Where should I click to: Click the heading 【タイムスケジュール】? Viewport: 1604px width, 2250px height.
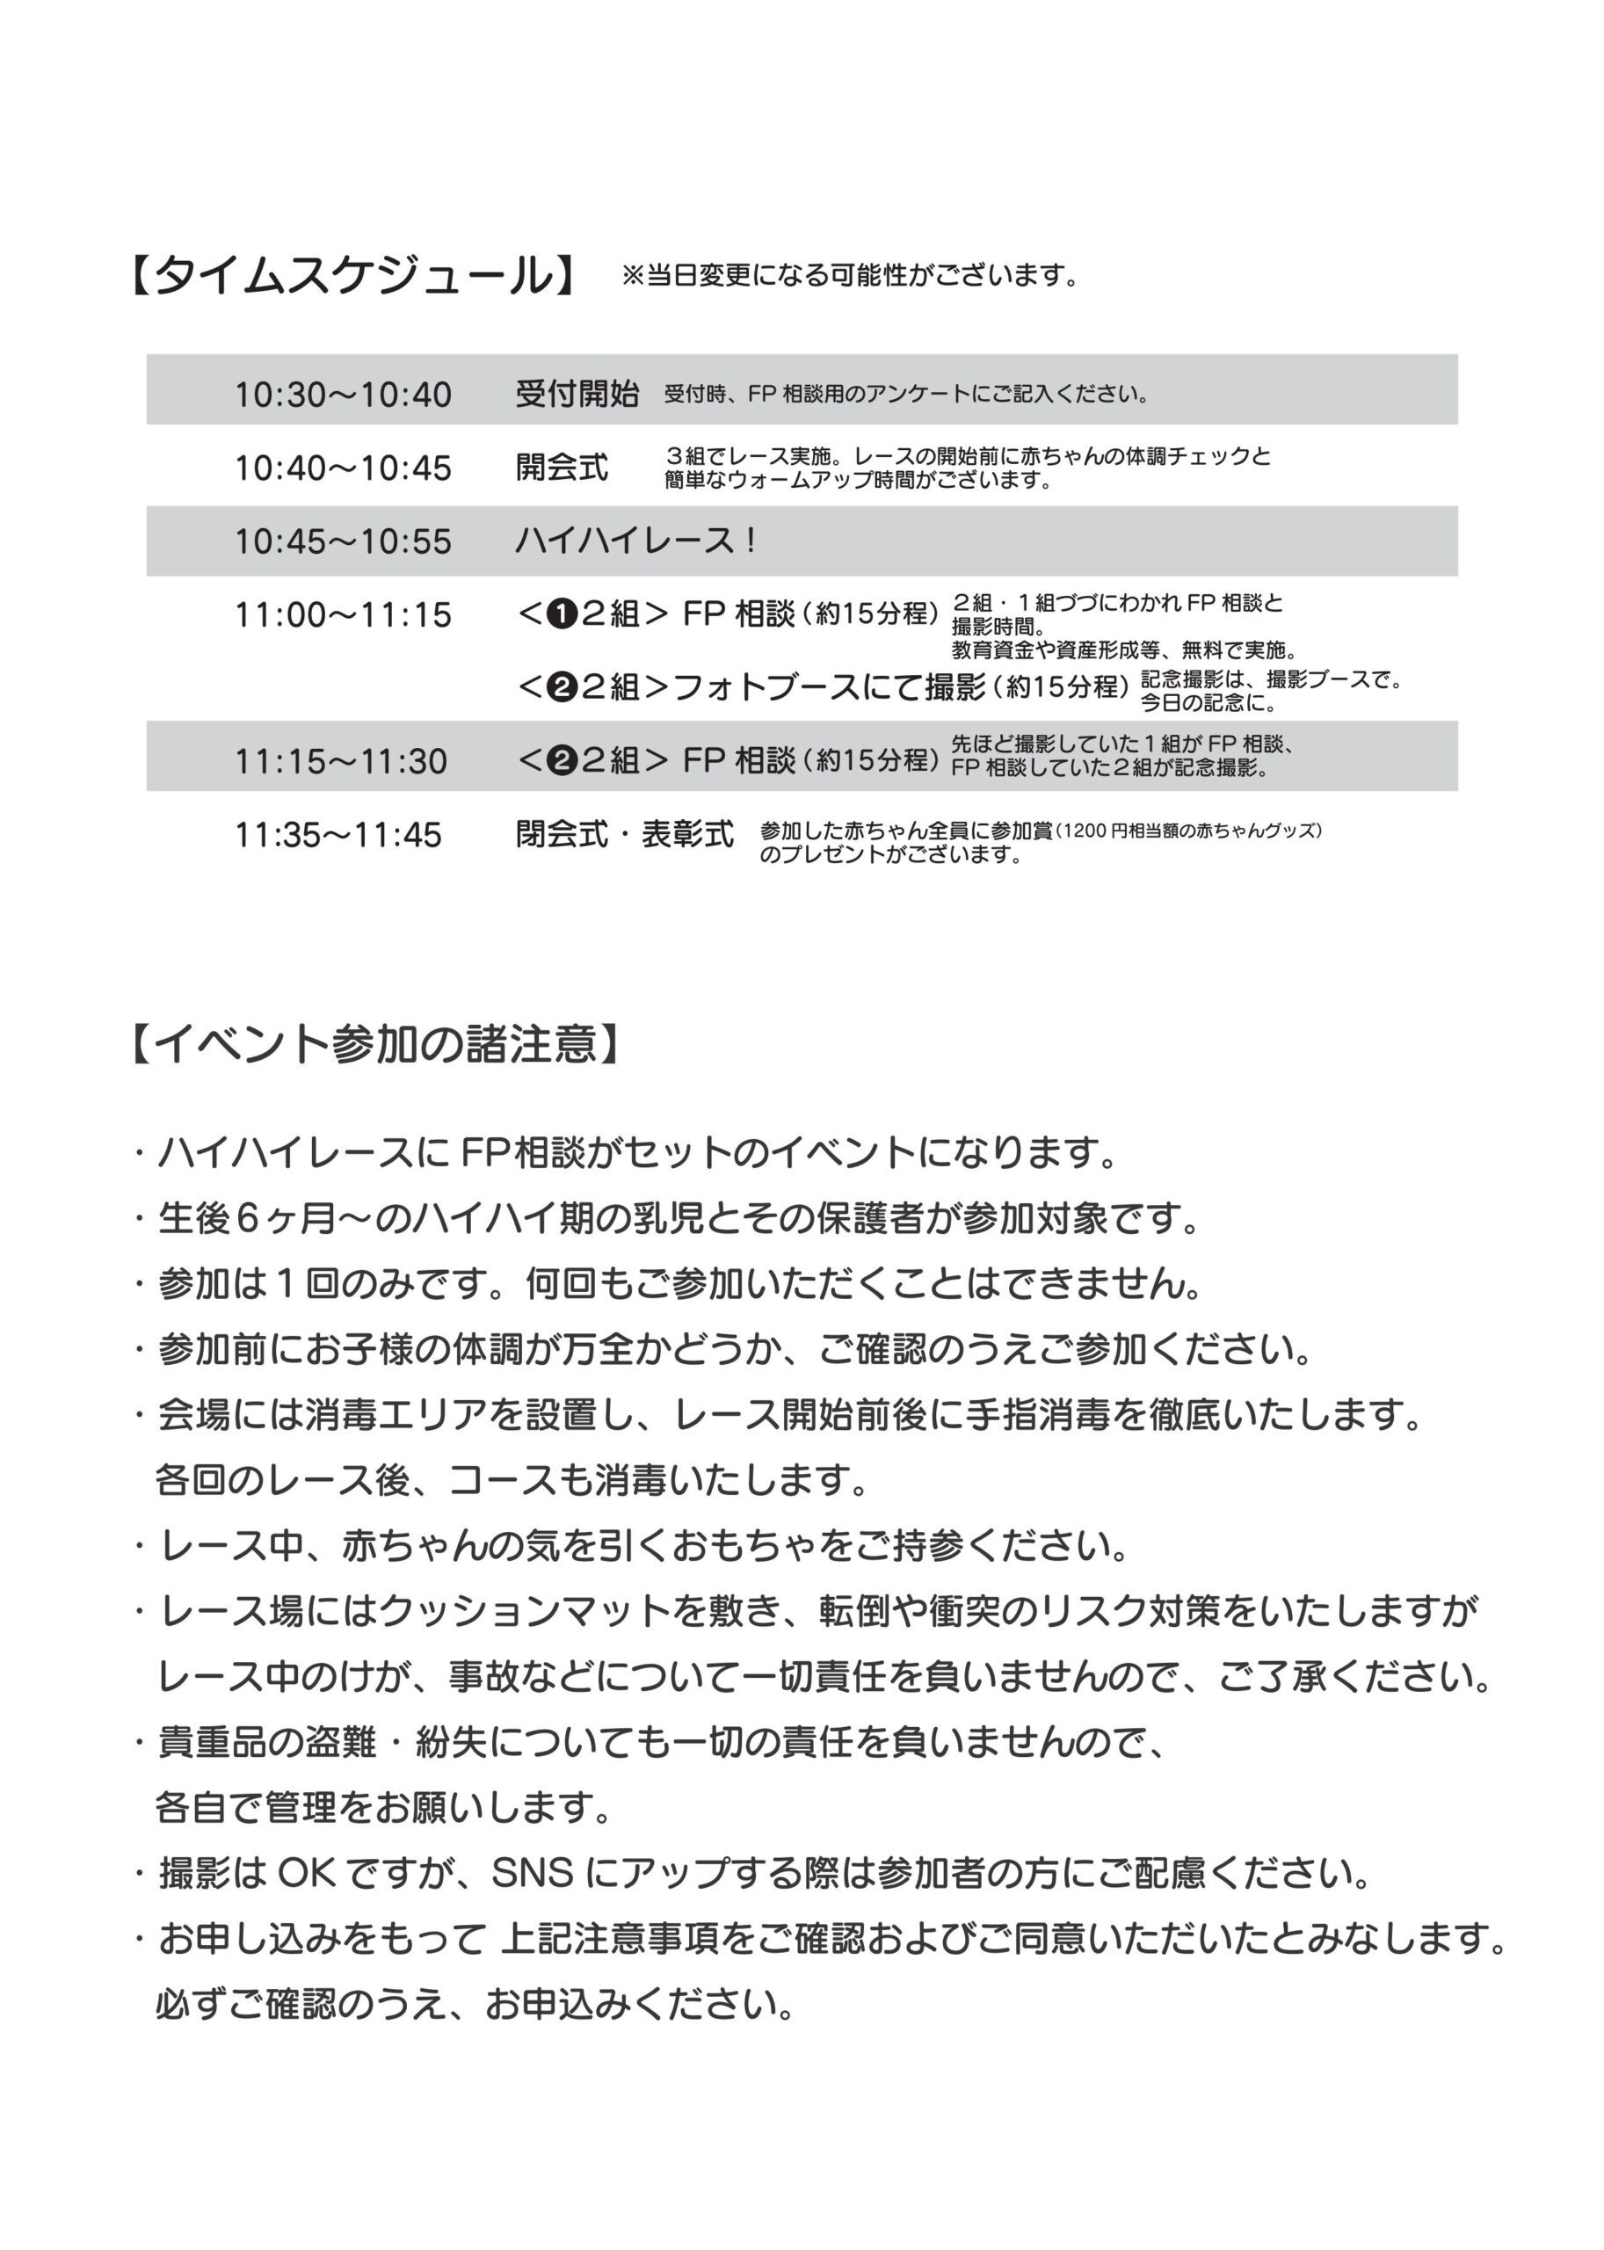(352, 276)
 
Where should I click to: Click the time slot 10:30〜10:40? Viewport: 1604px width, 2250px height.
(343, 396)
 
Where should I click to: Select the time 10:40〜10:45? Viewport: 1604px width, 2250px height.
(343, 468)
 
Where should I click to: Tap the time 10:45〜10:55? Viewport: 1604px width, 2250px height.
(343, 541)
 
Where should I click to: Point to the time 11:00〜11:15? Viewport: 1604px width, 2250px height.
(343, 615)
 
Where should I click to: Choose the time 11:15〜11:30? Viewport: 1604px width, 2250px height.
(341, 761)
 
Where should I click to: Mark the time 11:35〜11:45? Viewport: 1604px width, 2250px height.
(337, 836)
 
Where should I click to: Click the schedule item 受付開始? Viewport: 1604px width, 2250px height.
(577, 394)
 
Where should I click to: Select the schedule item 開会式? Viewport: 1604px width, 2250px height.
(562, 468)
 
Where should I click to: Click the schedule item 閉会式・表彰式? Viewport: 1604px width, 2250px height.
(624, 835)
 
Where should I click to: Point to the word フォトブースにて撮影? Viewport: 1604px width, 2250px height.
(830, 687)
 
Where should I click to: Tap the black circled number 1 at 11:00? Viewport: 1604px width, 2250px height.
(562, 615)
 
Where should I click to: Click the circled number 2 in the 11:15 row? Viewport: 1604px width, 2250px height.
(562, 761)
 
